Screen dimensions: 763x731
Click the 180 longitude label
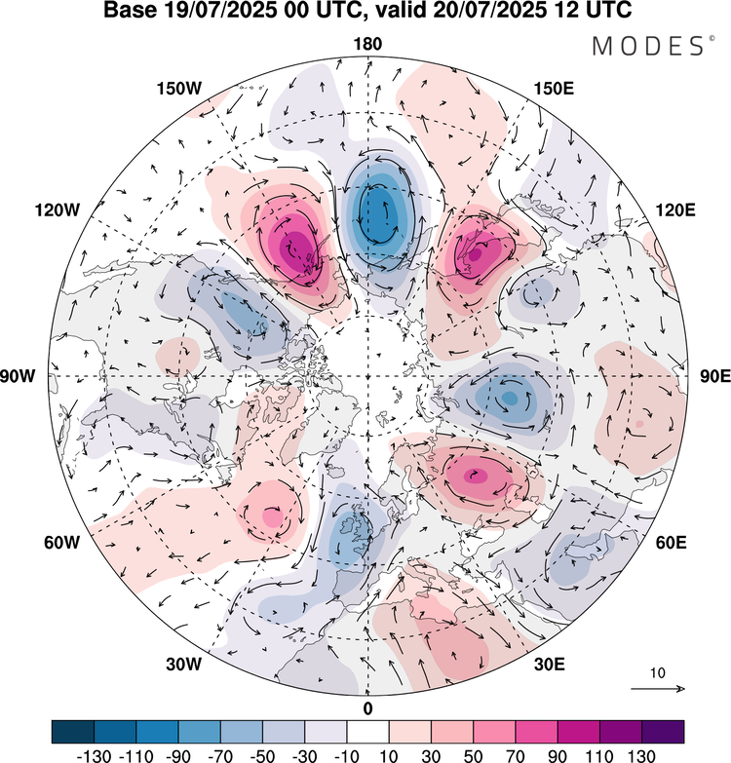point(367,44)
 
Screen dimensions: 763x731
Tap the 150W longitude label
point(178,89)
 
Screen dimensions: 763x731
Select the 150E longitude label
point(554,89)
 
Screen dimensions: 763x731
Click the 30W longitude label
point(182,665)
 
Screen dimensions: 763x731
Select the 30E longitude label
point(552,665)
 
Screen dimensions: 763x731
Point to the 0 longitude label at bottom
point(367,707)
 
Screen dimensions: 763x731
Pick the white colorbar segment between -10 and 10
point(367,731)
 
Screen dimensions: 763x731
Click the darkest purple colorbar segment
point(663,731)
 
